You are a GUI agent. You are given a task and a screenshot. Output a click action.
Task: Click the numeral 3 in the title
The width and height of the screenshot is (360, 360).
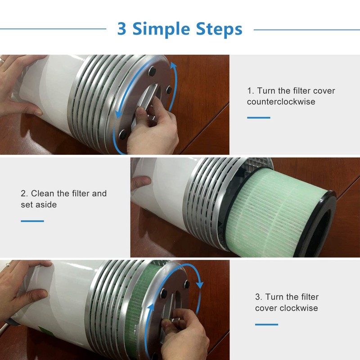(x=122, y=29)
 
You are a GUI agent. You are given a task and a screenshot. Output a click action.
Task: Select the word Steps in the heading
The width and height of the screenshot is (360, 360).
(x=219, y=29)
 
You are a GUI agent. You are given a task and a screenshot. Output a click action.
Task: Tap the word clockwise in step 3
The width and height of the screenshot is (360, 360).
(x=299, y=308)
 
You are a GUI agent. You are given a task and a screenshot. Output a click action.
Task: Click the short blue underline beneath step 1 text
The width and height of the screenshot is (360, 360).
(x=258, y=118)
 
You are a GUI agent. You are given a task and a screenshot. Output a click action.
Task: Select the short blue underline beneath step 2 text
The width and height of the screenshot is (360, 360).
(x=32, y=221)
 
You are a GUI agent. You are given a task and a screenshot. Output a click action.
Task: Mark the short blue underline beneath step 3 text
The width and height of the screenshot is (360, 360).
(x=266, y=324)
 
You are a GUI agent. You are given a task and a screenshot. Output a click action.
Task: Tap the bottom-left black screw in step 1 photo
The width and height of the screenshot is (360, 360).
(x=122, y=133)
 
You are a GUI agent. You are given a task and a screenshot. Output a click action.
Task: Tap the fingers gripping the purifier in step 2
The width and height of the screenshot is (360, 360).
(x=140, y=182)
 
